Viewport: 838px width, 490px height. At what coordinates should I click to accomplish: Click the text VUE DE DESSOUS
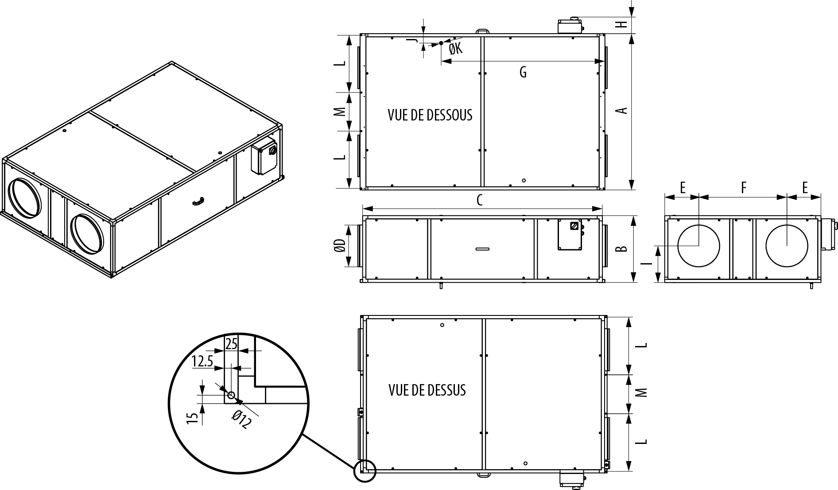430,115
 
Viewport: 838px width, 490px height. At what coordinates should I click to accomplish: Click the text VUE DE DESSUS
427,390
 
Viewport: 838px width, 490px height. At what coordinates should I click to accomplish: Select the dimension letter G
523,72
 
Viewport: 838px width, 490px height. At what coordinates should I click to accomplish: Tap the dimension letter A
623,110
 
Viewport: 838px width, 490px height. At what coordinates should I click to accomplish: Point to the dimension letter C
479,201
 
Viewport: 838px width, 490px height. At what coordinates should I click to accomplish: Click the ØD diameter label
340,246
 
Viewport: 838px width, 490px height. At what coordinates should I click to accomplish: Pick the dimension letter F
744,188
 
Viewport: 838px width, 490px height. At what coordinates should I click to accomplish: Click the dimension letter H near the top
623,24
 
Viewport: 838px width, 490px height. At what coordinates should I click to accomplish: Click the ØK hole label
455,49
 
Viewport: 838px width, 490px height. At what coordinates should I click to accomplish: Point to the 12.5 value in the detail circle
202,362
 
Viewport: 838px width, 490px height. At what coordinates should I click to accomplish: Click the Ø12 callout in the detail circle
242,419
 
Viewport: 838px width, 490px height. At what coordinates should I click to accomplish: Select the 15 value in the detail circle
192,419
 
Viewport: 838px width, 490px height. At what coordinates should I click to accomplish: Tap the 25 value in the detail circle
232,344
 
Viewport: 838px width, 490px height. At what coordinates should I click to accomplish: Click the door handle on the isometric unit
198,202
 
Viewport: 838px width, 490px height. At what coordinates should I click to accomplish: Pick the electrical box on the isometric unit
264,158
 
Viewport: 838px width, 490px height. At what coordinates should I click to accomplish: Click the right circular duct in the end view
787,246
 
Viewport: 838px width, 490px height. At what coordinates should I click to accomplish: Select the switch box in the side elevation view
570,235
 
